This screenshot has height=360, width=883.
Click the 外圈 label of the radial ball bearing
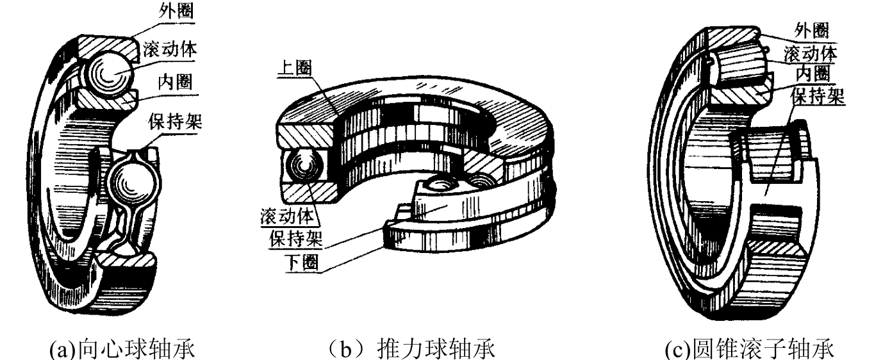click(x=176, y=12)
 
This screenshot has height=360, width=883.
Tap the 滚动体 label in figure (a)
click(x=170, y=49)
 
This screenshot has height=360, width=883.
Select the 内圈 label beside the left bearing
click(x=175, y=83)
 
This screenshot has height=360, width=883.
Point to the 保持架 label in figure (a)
click(x=175, y=121)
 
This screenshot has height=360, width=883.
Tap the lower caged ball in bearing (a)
click(x=134, y=184)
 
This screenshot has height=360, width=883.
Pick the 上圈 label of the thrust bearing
click(x=295, y=68)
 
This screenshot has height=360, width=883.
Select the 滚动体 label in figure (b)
click(x=287, y=216)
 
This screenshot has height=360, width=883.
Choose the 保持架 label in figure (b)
click(x=296, y=238)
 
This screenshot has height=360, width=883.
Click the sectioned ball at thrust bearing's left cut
click(x=305, y=166)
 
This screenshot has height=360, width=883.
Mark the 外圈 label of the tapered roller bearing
click(x=811, y=30)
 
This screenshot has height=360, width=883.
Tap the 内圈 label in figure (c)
click(x=813, y=73)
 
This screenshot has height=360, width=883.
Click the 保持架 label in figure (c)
click(x=818, y=95)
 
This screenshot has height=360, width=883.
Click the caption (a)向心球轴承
click(x=122, y=348)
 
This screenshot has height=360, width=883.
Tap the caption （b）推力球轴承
click(x=411, y=348)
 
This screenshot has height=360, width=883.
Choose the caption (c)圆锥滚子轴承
click(x=749, y=348)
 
